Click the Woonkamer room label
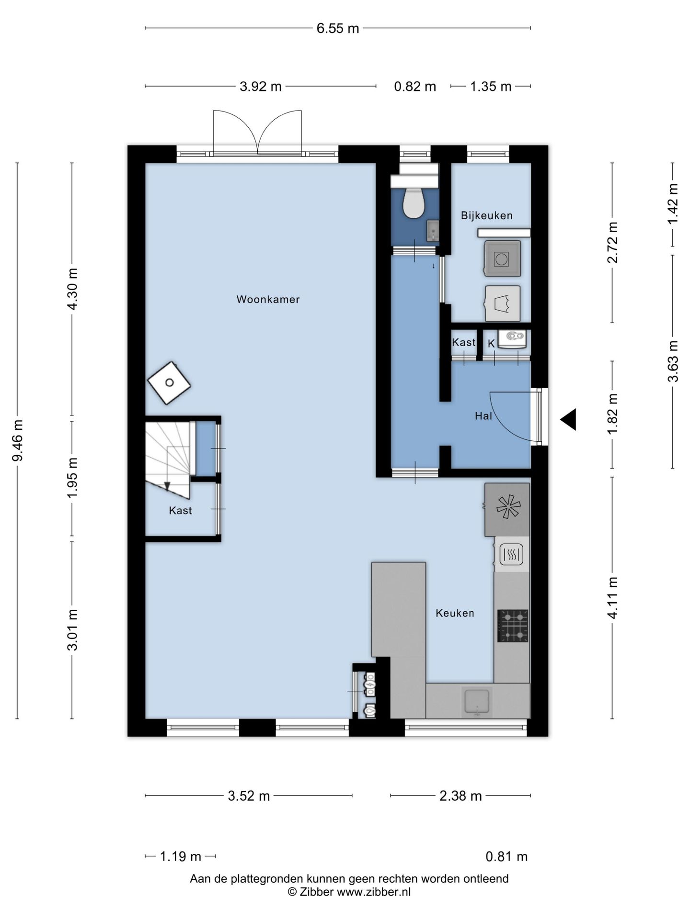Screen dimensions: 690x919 coord(268,299)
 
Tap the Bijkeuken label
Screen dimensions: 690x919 coord(487,215)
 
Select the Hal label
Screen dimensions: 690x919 coord(483,416)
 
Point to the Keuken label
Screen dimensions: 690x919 coord(455,613)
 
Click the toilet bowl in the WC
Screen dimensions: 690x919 coord(413,203)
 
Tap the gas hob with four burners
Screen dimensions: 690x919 coord(513,626)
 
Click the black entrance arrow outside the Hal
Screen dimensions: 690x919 coord(568,420)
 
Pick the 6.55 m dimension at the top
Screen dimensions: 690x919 coord(338,28)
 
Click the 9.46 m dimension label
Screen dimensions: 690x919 coord(18,440)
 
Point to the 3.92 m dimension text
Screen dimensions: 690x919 coord(261,87)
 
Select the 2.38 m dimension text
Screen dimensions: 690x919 coord(460,796)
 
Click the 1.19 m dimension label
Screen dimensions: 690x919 coord(180,856)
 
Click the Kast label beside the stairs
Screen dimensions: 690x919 coord(180,511)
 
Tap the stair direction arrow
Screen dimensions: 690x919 coord(167,486)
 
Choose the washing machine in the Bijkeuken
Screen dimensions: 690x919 coord(502,258)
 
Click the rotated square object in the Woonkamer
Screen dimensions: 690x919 coord(169,382)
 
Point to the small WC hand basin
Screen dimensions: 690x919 coord(433,231)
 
